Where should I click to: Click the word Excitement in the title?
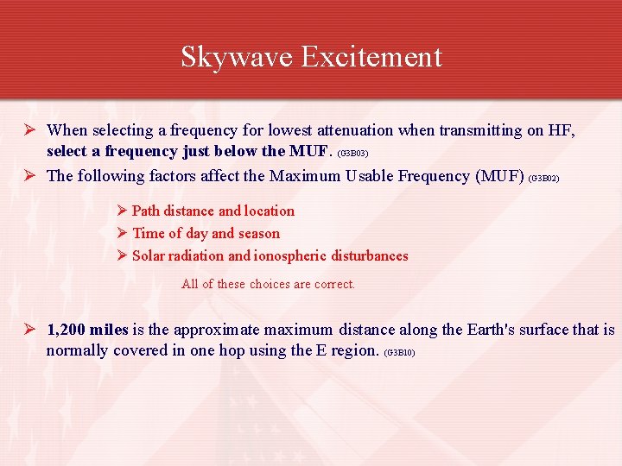(371, 57)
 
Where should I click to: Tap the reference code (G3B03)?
(352, 154)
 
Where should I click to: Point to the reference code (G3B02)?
(543, 178)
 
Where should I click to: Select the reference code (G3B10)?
(399, 353)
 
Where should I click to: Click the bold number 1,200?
(66, 330)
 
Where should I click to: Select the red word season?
(259, 233)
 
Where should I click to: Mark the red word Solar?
(149, 255)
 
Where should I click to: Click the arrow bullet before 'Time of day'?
(123, 233)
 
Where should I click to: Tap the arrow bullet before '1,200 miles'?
(30, 330)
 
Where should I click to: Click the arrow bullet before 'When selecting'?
(30, 130)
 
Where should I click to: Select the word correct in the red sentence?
(332, 284)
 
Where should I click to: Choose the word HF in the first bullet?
(562, 130)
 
